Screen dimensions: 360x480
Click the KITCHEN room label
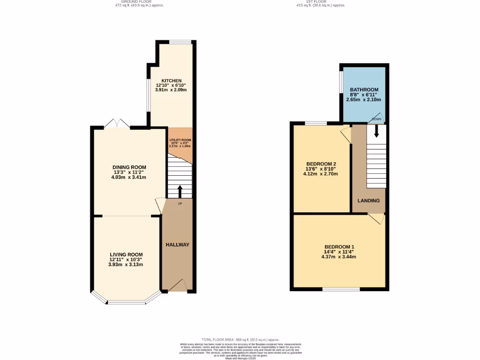[171, 81]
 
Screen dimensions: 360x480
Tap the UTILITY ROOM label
[180, 140]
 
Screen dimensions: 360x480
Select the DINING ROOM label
[129, 167]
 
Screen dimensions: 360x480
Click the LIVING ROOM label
[125, 255]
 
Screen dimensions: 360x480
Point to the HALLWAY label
[178, 245]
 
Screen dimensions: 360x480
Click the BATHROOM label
[364, 90]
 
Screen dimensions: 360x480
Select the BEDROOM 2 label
[321, 164]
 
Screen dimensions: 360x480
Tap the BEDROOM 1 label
[339, 247]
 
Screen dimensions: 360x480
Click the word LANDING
[368, 201]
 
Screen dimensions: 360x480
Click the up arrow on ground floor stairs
[180, 192]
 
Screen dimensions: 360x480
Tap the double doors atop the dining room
[117, 124]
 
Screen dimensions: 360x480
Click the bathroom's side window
[340, 82]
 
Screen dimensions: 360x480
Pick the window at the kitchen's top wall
[180, 42]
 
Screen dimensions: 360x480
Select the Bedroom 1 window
[341, 290]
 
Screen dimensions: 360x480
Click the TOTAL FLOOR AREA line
[240, 339]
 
